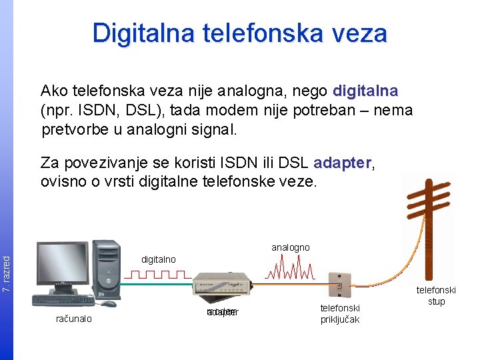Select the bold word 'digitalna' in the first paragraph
pos(365,91)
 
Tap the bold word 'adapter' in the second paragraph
pos(342,163)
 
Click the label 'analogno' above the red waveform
pos(291,247)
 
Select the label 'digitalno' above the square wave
pos(158,259)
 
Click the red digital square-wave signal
pos(158,274)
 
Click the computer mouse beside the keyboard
pos(108,304)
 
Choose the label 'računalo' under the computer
pos(74,319)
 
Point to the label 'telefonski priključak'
pos(340,313)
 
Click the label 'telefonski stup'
pos(436,296)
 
